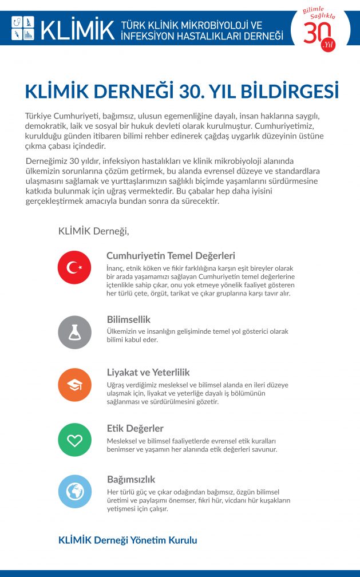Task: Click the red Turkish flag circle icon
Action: click(74, 267)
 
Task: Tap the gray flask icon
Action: click(74, 332)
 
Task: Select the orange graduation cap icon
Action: click(74, 385)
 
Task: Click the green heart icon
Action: click(74, 440)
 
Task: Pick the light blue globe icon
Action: click(74, 492)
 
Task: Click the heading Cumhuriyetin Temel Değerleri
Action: click(171, 256)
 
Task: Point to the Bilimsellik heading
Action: click(129, 319)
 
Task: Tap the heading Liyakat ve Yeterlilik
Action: click(148, 372)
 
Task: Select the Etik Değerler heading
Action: click(135, 428)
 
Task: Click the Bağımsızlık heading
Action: click(131, 479)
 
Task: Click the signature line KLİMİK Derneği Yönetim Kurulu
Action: click(128, 540)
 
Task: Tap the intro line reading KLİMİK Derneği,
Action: click(93, 231)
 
